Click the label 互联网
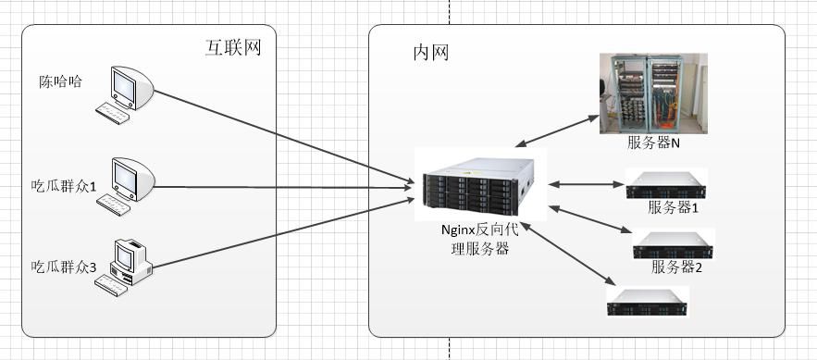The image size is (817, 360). pos(232,47)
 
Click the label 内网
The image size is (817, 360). pos(430,53)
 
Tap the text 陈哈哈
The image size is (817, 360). pos(61,81)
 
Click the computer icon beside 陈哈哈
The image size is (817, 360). pos(124,93)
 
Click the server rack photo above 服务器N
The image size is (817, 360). pos(653,93)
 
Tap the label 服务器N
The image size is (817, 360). pos(654,143)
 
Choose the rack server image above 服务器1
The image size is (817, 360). pos(665,183)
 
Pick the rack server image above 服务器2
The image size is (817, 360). pos(674,243)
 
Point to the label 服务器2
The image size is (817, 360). pos(677,267)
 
